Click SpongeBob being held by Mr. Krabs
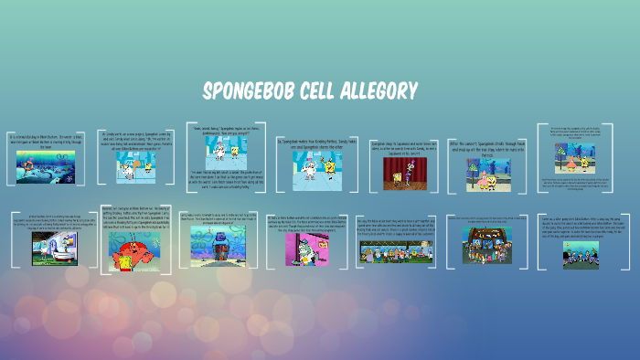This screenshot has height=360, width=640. click(120, 260)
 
